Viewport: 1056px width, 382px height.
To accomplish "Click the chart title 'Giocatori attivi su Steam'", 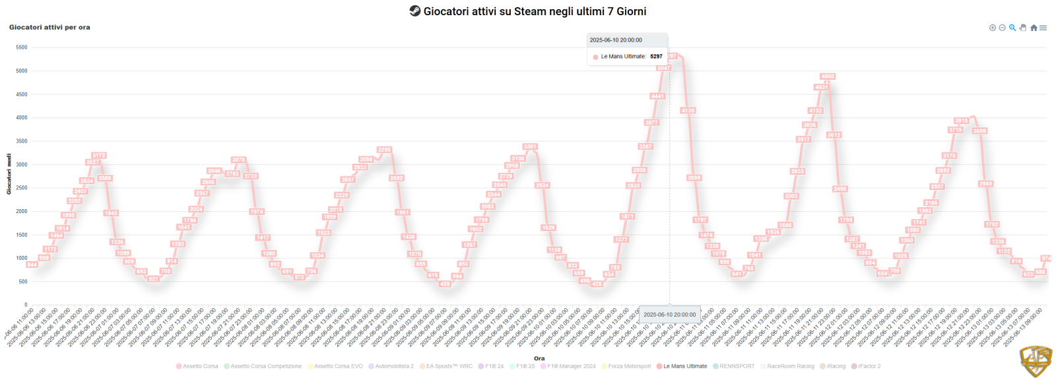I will (535, 11).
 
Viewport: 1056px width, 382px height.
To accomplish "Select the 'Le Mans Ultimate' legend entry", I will (684, 366).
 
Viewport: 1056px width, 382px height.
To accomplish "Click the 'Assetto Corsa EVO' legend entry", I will (338, 366).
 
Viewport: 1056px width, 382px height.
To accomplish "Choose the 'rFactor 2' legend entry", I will (869, 366).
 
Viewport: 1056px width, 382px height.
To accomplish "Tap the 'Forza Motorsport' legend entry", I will (629, 366).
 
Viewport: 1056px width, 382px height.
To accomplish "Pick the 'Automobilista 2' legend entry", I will (394, 366).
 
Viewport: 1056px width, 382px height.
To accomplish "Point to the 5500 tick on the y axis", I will (22, 48).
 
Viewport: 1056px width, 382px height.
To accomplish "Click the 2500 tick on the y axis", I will (22, 188).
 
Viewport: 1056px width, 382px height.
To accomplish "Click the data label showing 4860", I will (827, 77).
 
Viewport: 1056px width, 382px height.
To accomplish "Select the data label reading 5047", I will (663, 68).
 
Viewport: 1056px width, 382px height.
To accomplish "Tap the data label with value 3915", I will (961, 121).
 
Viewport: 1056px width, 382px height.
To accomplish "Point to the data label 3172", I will (98, 156).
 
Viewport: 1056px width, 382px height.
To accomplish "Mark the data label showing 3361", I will (530, 146).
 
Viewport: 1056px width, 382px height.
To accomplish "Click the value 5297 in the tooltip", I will (656, 57).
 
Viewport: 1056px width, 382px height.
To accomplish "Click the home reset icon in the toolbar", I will (1034, 28).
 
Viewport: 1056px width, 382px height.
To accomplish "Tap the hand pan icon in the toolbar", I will (1023, 28).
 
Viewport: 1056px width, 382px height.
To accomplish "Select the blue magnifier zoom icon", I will (1012, 28).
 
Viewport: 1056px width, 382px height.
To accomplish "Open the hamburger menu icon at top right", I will (1043, 28).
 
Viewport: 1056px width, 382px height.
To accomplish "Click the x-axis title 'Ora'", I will (539, 358).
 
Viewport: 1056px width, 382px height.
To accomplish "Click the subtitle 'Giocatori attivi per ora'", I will (49, 27).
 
